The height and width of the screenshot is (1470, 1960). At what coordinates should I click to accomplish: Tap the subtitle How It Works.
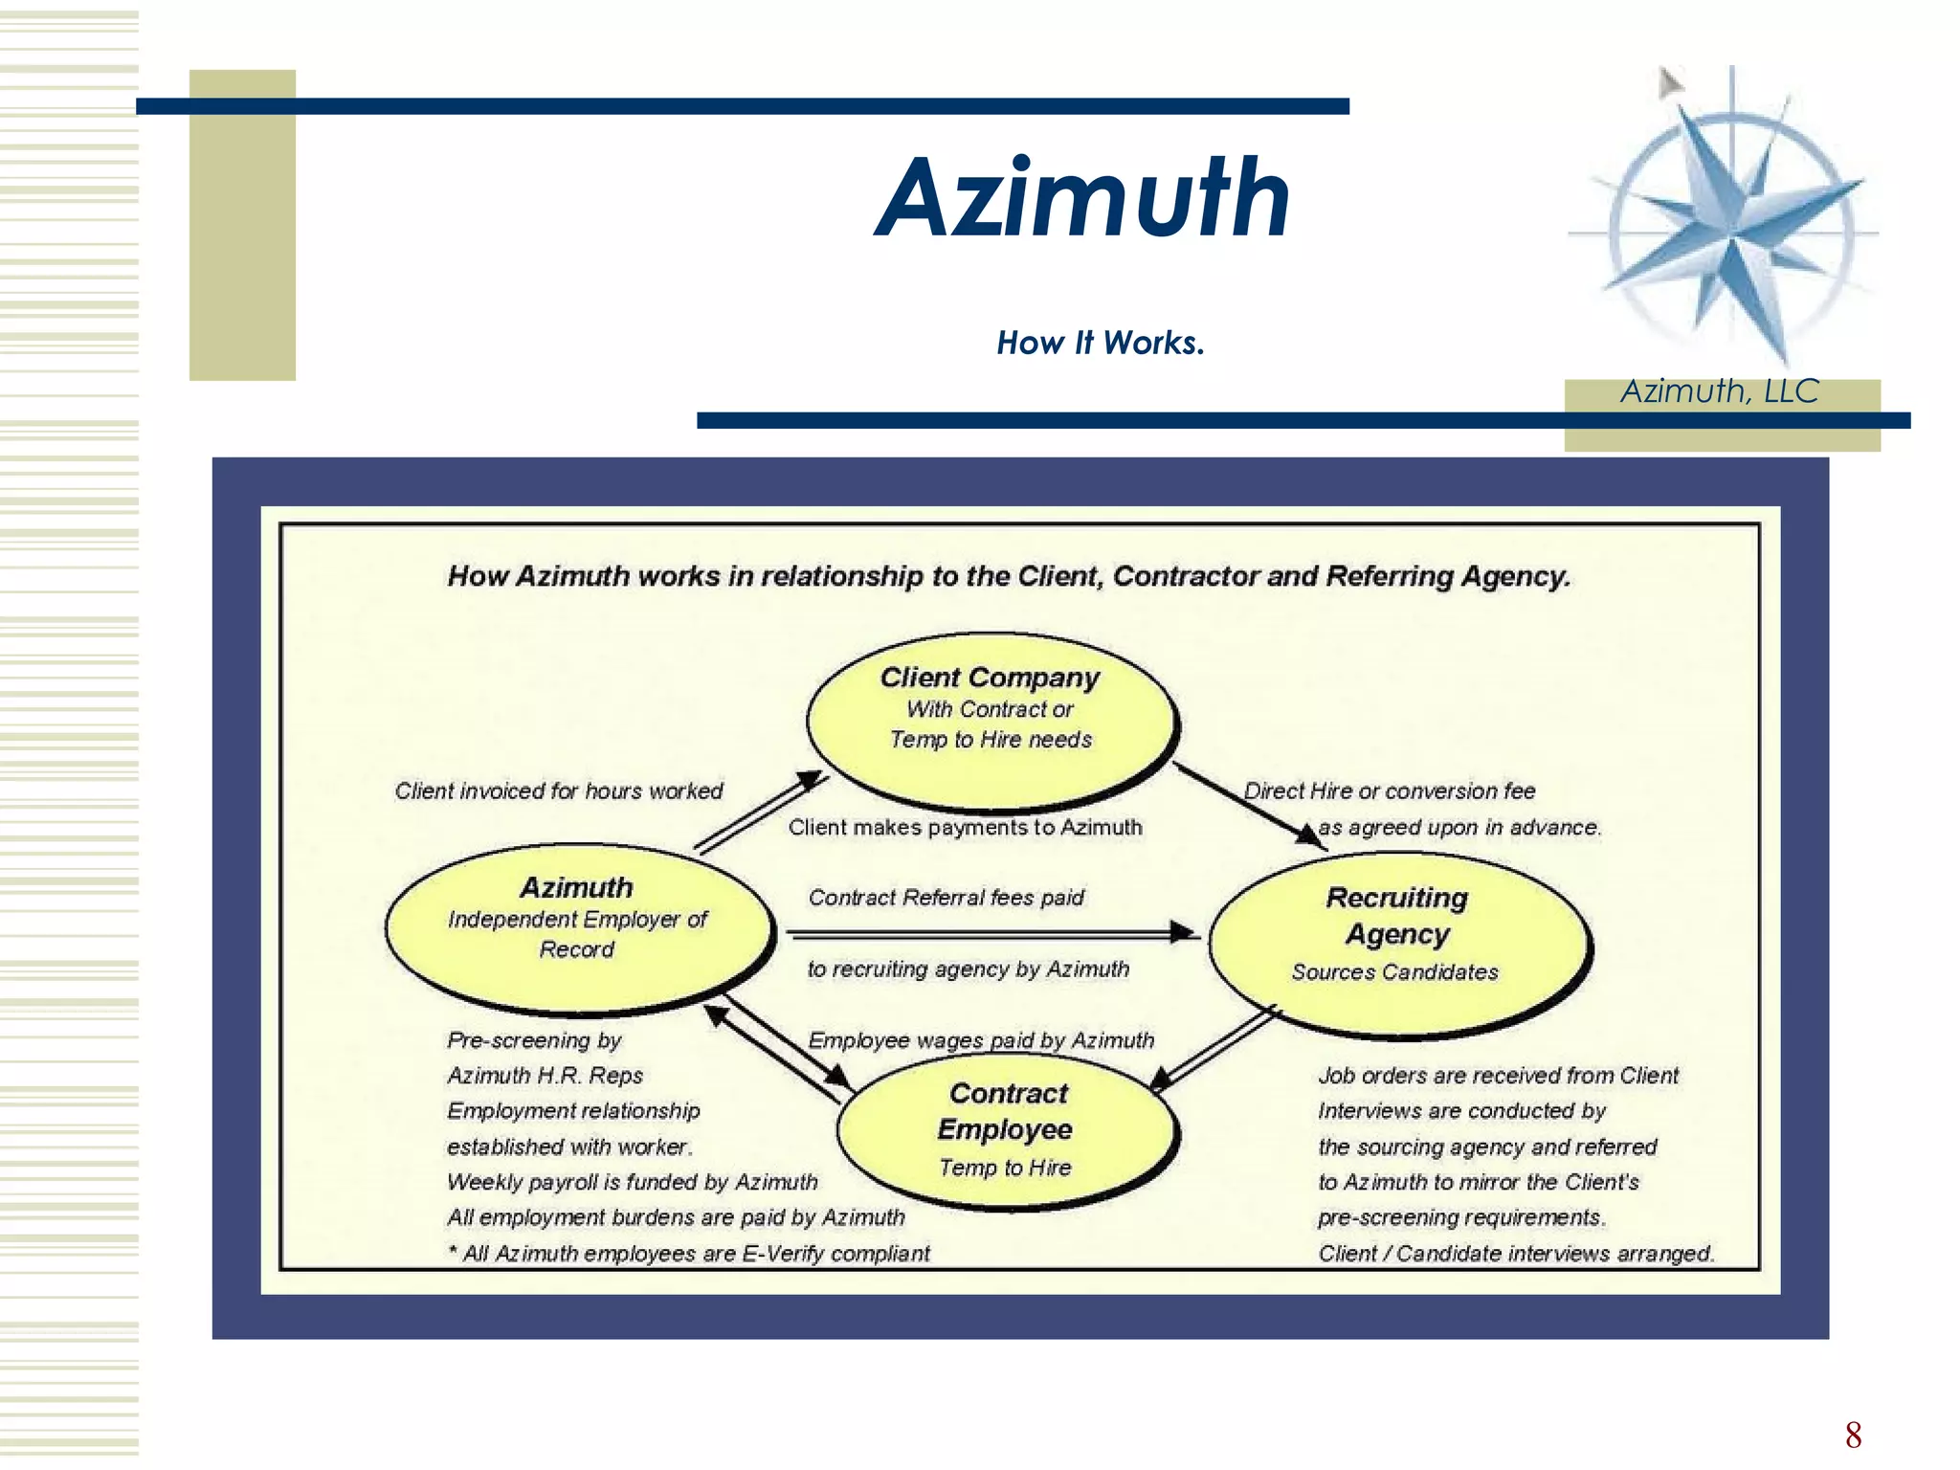coord(1100,343)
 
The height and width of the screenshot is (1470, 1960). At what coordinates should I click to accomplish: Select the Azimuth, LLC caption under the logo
coord(1719,390)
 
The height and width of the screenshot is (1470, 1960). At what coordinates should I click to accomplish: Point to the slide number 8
coord(1853,1435)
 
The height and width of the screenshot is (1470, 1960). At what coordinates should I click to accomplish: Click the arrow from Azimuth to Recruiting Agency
coord(991,933)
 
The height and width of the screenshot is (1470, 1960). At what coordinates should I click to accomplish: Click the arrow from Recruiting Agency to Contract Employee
coord(1214,1049)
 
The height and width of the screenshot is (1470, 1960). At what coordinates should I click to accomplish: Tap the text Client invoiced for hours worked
coord(558,791)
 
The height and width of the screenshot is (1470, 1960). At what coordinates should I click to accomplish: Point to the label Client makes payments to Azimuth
coord(965,827)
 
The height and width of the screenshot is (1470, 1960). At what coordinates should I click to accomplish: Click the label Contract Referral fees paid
coord(946,898)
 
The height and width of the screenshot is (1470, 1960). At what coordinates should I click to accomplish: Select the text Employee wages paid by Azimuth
coord(981,1040)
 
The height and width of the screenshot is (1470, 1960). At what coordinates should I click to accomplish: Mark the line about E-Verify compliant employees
coord(688,1254)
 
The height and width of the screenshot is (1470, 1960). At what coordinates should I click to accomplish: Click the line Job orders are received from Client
coord(1498,1076)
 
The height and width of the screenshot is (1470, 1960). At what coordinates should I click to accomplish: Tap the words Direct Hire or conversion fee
coord(1389,791)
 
